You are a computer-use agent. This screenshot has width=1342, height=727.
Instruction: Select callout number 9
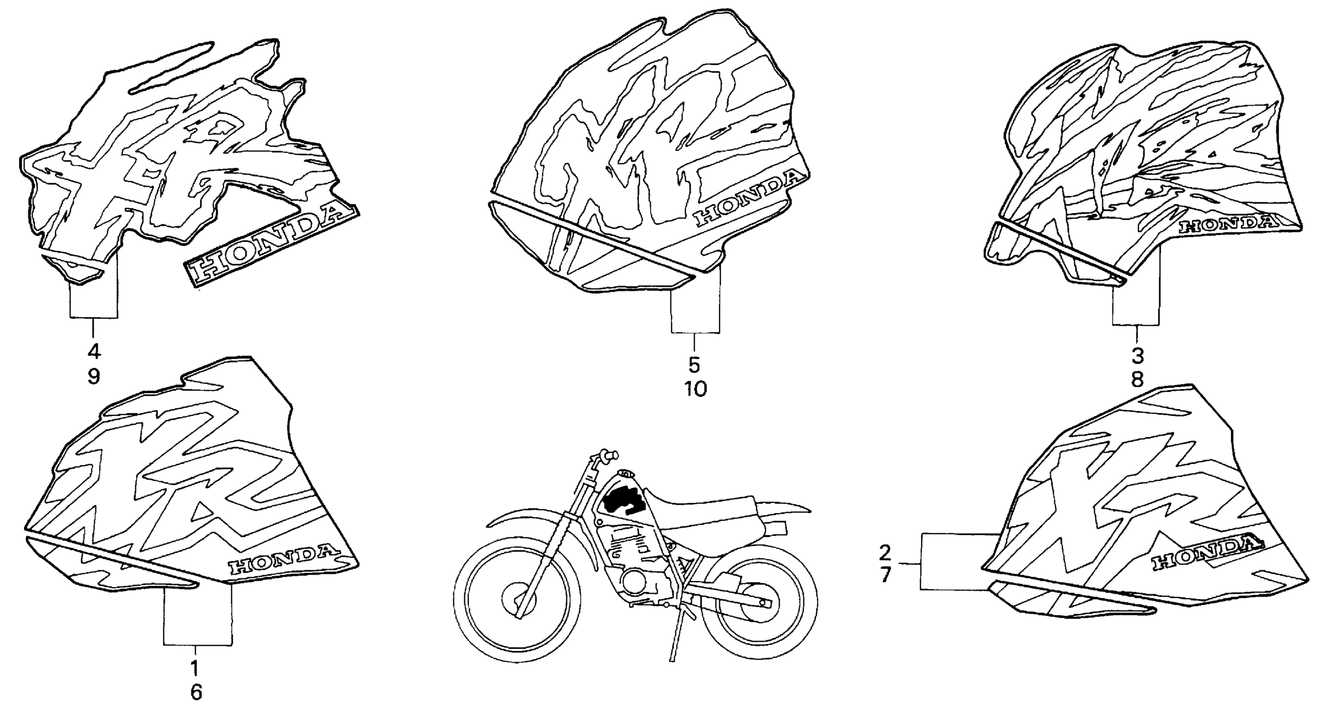94,376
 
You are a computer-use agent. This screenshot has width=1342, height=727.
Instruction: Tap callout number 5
694,365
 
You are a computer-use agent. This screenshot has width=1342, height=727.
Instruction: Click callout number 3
1137,356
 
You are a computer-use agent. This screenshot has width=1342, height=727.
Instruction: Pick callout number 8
1137,379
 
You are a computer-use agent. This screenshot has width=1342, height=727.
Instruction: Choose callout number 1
195,667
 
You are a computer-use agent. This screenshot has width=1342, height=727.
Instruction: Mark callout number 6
196,692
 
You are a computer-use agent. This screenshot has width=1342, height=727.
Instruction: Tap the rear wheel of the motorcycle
758,603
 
